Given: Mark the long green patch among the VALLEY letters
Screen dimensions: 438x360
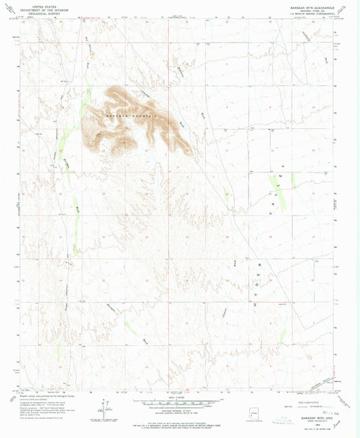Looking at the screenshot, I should point(277,183).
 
